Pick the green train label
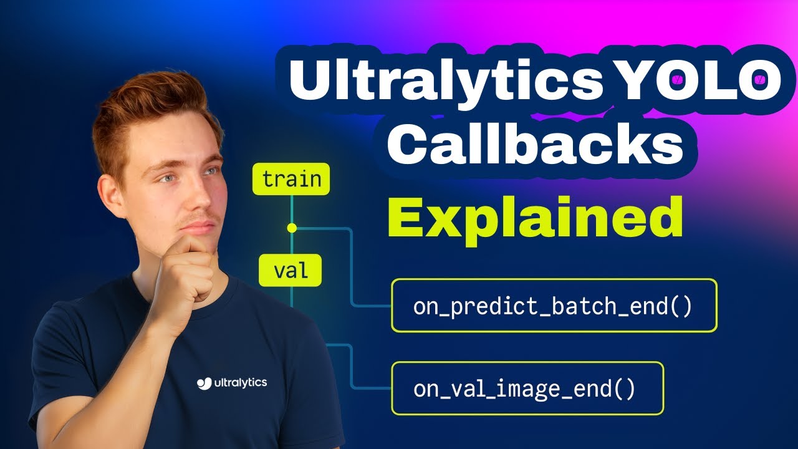[x=291, y=180]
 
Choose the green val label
[x=291, y=271]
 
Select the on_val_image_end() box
[x=527, y=388]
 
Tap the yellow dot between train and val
[x=292, y=228]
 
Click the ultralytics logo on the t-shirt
[x=232, y=382]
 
